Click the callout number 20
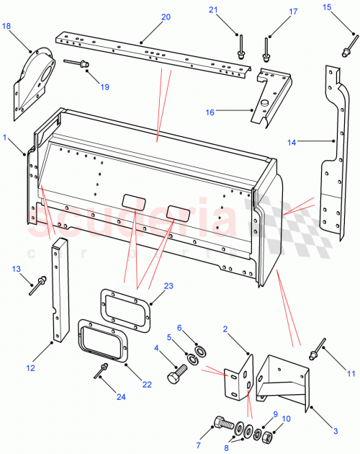[x=166, y=17]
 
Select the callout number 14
[x=292, y=143]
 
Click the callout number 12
[x=30, y=368]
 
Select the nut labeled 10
[x=265, y=437]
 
